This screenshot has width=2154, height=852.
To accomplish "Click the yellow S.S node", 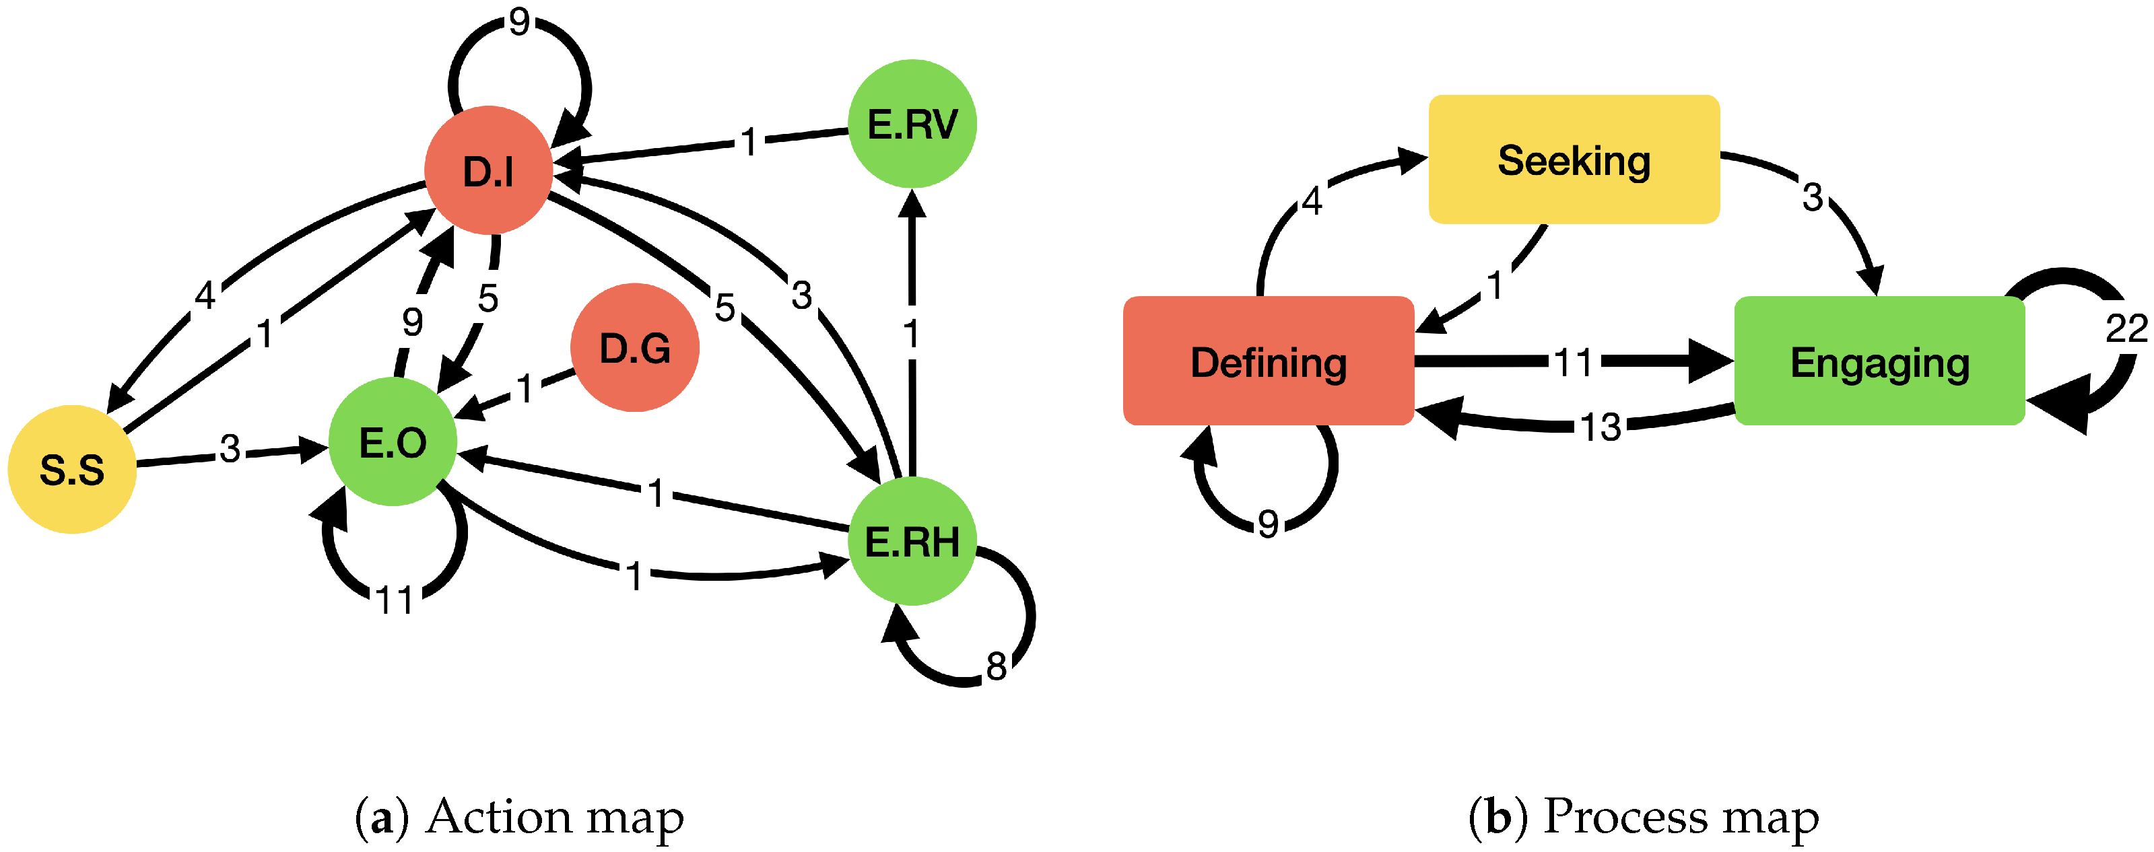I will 72,469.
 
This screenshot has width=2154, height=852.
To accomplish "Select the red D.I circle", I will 488,170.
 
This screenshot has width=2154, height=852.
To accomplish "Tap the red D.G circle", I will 635,348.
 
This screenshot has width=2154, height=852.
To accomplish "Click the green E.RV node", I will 912,124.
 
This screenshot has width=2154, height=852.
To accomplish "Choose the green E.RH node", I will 912,541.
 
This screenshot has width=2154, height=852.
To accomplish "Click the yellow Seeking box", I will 1573,159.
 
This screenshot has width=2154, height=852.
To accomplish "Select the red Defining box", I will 1268,361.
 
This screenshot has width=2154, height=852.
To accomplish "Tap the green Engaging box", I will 1879,361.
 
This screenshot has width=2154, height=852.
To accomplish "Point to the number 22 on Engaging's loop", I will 2126,328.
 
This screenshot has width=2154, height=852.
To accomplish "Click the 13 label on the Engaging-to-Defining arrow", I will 1601,427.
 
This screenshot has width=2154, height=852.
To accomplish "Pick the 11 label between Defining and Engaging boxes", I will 1573,362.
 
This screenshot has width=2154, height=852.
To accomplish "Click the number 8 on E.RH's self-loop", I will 996,666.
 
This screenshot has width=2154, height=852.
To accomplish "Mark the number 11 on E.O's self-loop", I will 395,600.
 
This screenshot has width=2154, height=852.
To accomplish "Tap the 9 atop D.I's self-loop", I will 519,22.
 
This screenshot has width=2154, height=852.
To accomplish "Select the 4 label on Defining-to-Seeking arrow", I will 1311,201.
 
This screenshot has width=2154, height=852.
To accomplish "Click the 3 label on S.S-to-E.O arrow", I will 230,449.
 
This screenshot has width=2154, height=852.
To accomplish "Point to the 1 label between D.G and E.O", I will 525,389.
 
